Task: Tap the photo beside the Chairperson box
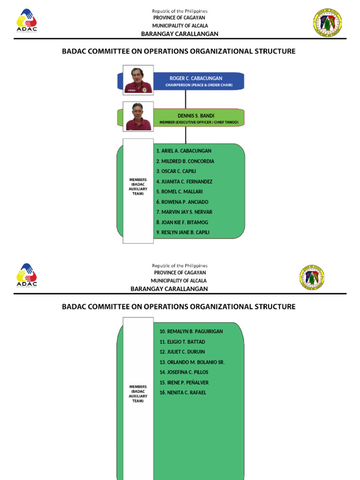(138, 80)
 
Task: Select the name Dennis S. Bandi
(196, 115)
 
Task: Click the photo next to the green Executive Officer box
(138, 116)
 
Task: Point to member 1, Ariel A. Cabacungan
(184, 151)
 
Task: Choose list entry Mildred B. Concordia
(185, 161)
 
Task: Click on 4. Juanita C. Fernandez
(184, 181)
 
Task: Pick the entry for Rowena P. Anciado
(182, 202)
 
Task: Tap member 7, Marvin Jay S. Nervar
(184, 212)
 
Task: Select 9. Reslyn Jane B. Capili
(183, 232)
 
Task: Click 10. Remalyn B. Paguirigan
(191, 331)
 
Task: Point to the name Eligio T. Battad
(182, 342)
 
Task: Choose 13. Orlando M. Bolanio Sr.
(192, 362)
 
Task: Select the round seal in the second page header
(312, 277)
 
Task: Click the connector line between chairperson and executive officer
(186, 99)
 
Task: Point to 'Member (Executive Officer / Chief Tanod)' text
(199, 122)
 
